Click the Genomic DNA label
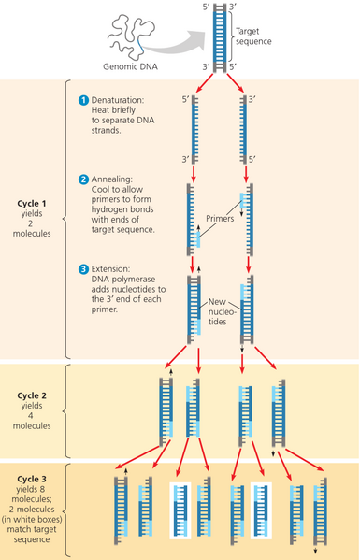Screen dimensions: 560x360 tap(130, 66)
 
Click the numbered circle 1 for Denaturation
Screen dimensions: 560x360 tap(83, 99)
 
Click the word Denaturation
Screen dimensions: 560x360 tap(119, 99)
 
